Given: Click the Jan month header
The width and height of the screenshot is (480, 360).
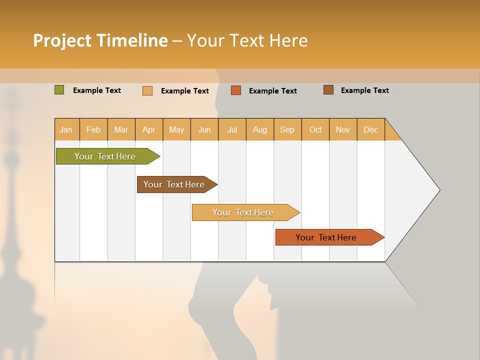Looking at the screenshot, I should point(66,129).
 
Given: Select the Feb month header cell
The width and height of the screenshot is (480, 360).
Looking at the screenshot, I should point(93,129).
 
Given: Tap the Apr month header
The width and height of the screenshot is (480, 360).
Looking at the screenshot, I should point(149,129).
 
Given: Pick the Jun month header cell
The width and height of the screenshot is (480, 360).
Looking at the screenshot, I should point(204,129).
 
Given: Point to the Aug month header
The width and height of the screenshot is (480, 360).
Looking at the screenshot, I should point(260,129).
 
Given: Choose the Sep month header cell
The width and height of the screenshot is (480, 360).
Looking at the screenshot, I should point(287,129).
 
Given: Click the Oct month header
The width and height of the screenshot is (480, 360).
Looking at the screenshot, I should point(315,129).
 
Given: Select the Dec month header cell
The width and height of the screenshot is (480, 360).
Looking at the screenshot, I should point(371,129).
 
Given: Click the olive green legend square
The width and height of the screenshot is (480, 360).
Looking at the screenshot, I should point(59,90).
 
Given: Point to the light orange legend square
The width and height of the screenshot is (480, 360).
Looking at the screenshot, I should point(147,90).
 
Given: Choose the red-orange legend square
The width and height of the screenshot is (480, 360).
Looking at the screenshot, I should point(236,90).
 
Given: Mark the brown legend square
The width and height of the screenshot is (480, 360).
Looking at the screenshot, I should point(328,90).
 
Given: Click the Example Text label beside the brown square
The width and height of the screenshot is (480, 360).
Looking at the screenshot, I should point(364,90).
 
